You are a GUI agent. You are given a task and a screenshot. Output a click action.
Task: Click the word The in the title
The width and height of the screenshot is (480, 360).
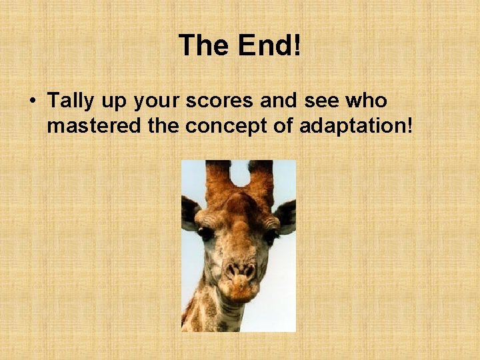[x=203, y=46]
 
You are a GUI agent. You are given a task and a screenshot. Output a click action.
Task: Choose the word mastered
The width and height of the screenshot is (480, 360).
[x=95, y=125]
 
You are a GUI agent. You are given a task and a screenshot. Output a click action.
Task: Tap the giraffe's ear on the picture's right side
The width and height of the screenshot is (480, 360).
[x=285, y=215]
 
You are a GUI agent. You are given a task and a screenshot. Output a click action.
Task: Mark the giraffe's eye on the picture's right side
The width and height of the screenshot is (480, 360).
[x=270, y=235]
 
